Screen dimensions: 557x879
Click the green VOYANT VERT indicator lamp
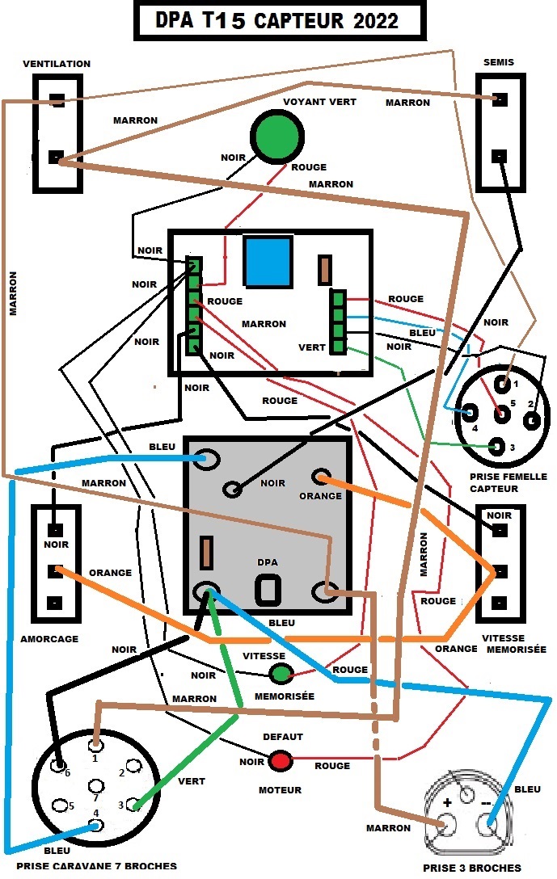coord(277,136)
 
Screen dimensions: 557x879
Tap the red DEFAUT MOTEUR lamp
coord(281,761)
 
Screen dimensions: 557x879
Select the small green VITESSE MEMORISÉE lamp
coord(281,673)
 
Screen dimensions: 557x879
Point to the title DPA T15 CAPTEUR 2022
coord(276,21)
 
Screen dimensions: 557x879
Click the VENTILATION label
coord(57,64)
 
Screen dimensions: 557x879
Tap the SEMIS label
coord(499,62)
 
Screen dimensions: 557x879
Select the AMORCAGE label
coord(49,638)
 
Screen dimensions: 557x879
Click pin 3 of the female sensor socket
coord(496,447)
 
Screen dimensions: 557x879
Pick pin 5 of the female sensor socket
coord(501,414)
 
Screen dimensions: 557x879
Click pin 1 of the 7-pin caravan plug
coord(96,745)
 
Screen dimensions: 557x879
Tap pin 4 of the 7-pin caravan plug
coord(96,825)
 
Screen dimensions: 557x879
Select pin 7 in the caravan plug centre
coord(96,785)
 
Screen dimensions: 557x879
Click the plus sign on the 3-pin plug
coord(447,802)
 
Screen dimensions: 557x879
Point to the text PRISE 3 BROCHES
coord(472,868)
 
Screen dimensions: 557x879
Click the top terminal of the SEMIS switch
coord(500,99)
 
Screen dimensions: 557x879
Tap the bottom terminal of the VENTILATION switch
coord(56,157)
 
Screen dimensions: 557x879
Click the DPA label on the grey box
coord(268,562)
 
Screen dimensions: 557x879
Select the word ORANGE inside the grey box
coord(320,495)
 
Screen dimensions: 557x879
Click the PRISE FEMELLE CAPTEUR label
coord(508,482)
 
